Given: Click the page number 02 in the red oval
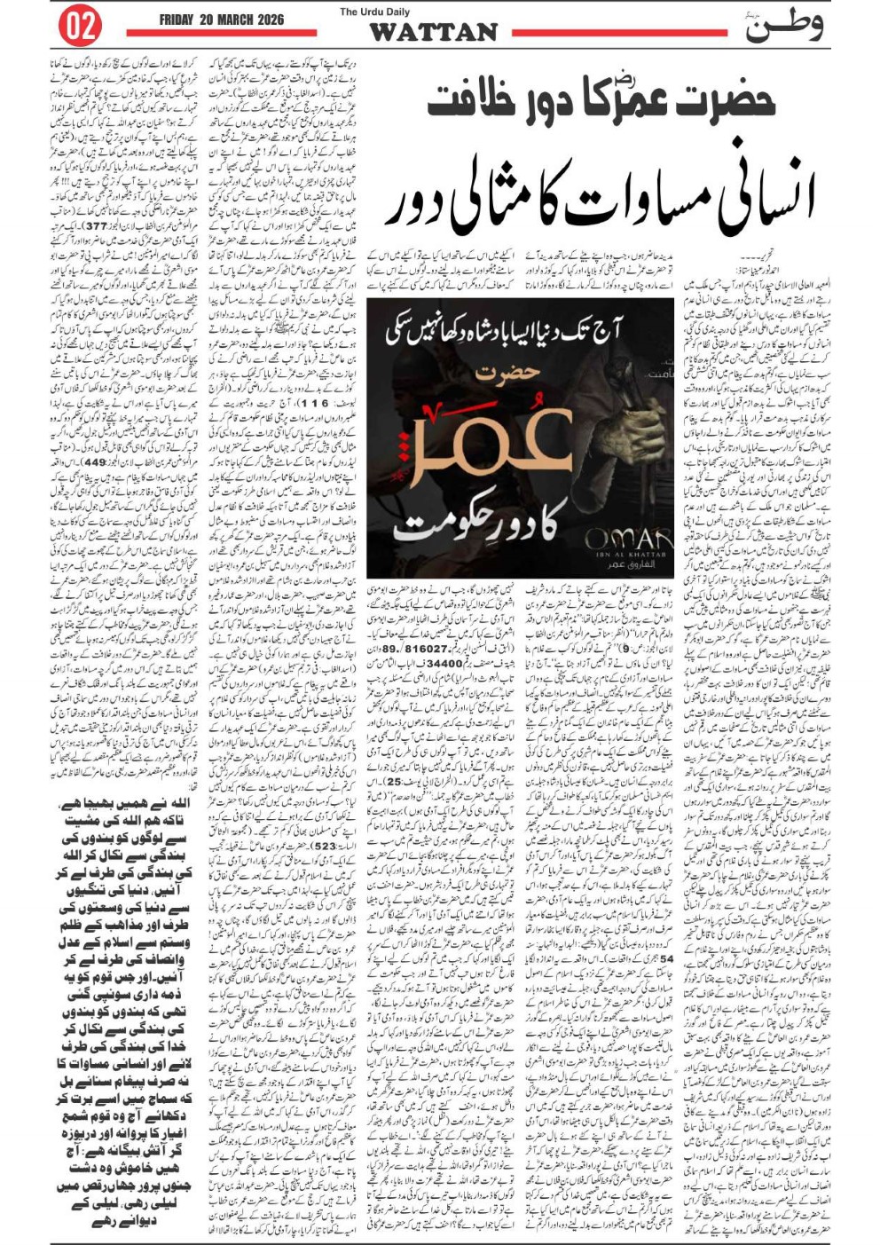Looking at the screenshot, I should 79,26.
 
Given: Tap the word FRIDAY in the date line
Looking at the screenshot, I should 181,20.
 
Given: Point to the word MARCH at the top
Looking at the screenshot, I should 246,20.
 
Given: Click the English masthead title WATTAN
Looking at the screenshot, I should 433,33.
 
